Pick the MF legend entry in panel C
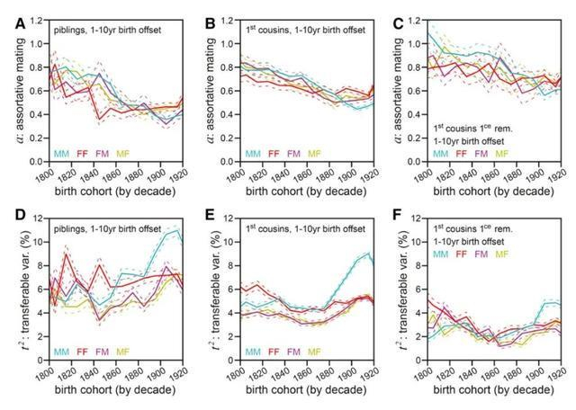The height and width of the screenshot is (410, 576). pyautogui.click(x=501, y=154)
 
